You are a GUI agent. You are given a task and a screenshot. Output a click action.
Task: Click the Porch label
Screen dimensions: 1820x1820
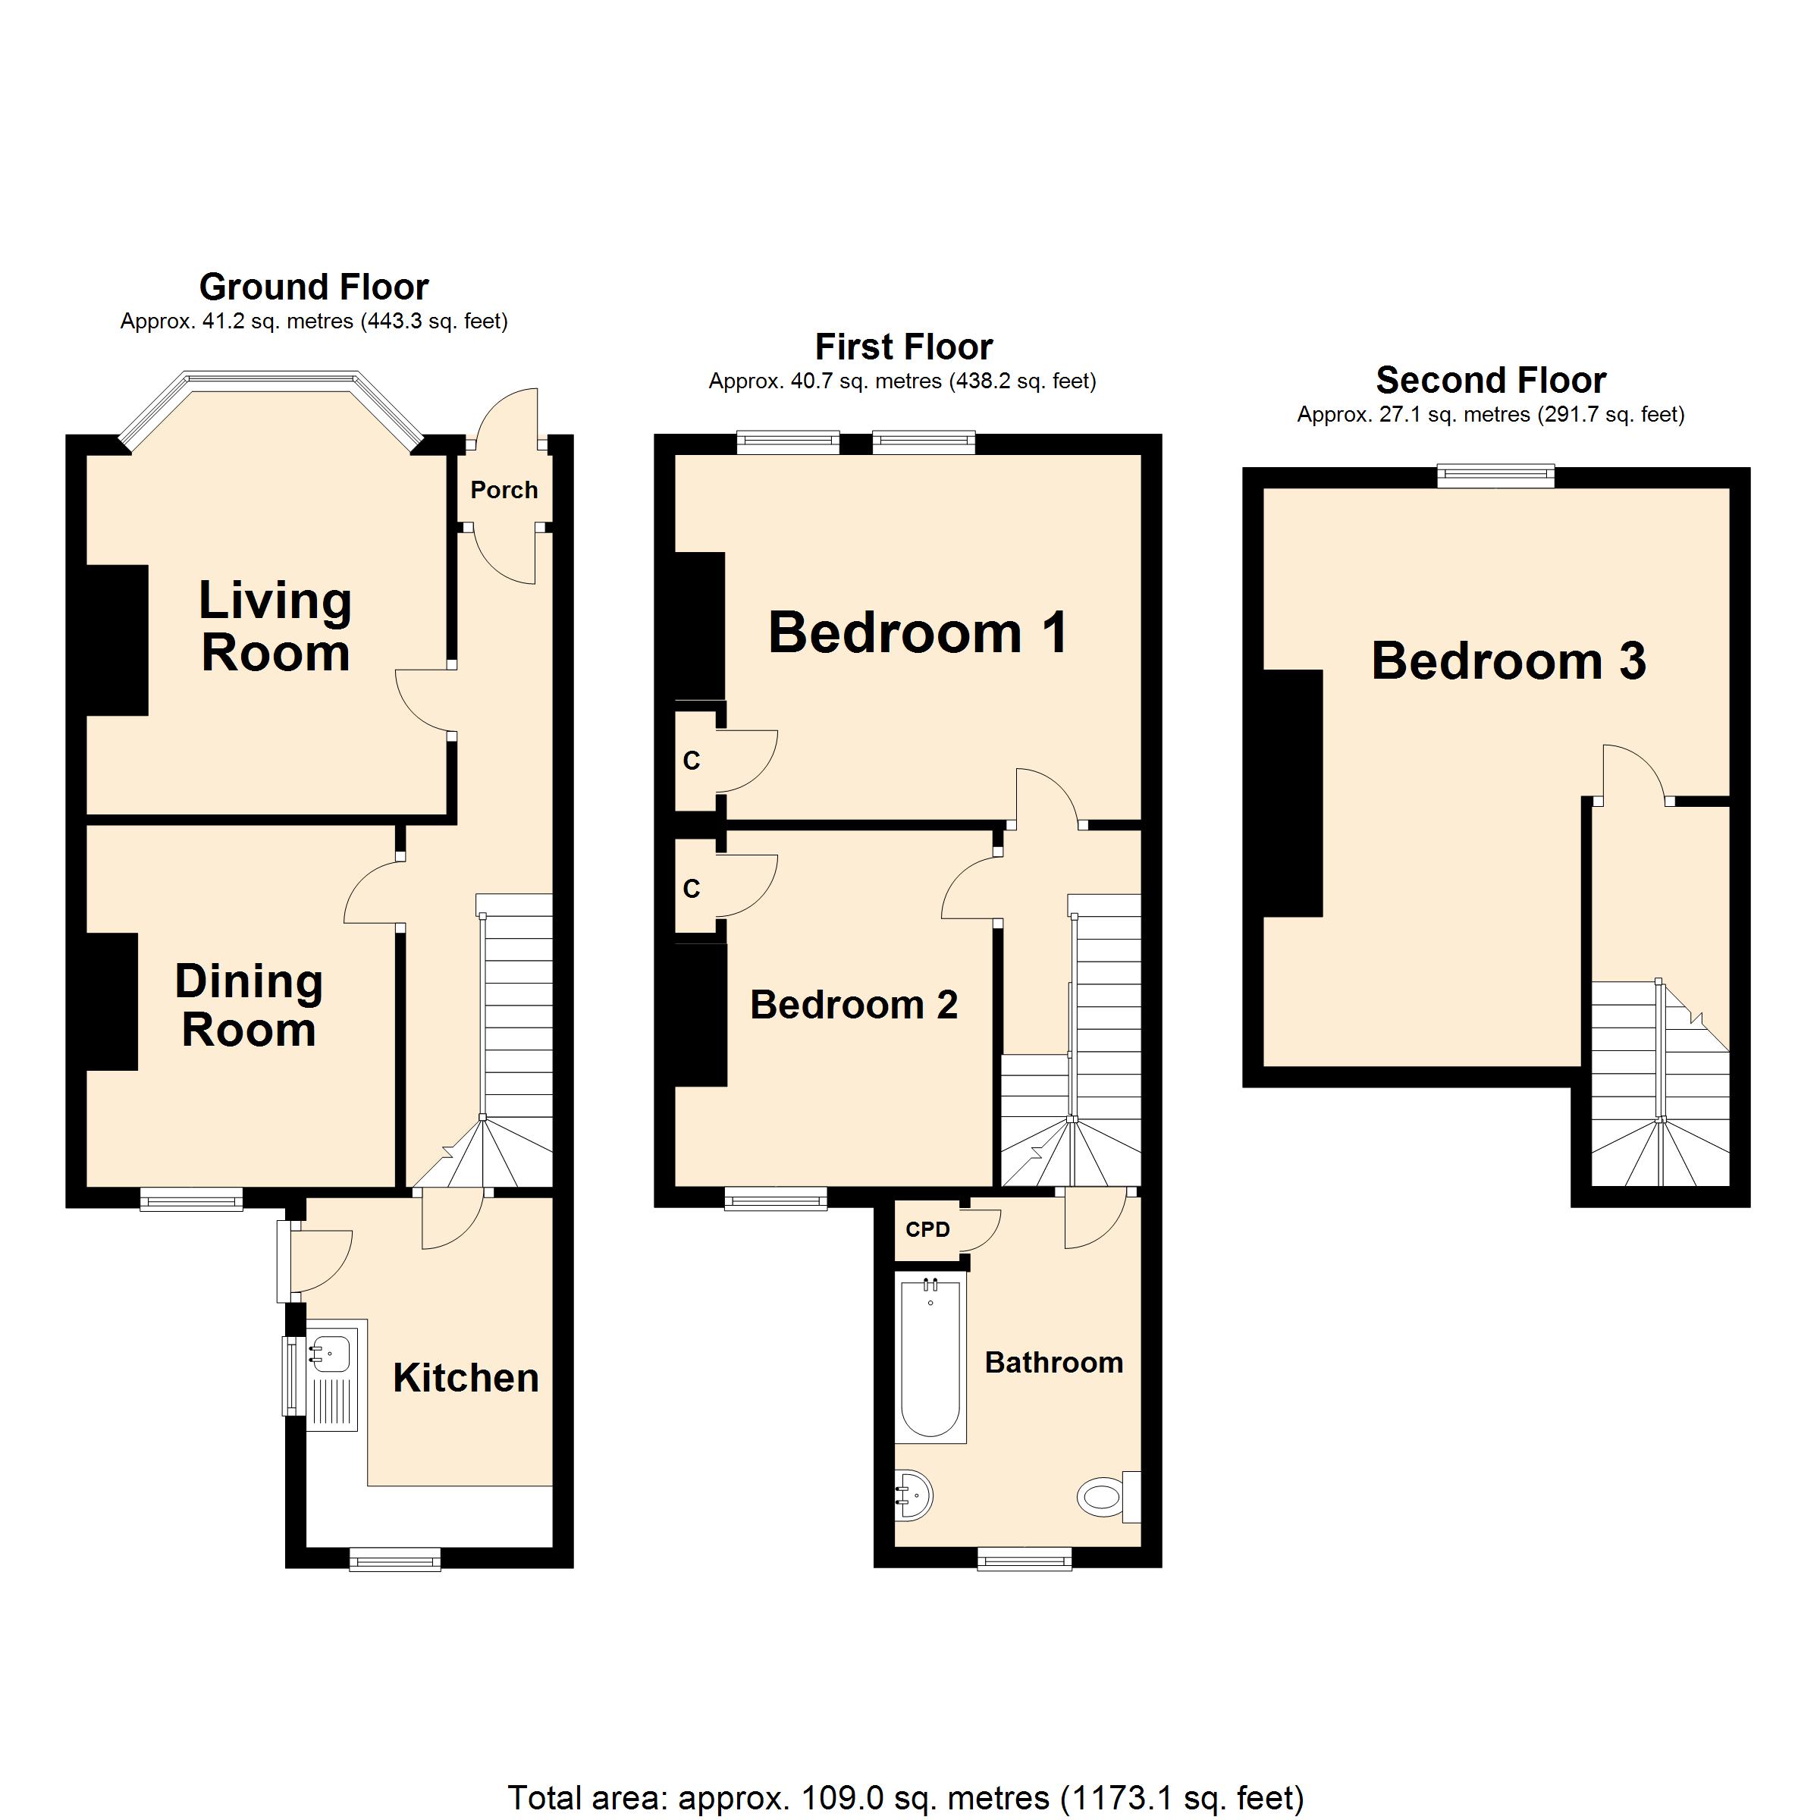pos(504,490)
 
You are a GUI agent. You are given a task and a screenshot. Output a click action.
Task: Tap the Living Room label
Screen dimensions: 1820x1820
pos(275,626)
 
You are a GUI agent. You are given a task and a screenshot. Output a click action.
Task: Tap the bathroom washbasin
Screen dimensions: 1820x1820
pos(914,1494)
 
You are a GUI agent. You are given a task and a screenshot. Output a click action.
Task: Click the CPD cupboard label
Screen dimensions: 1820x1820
pos(928,1229)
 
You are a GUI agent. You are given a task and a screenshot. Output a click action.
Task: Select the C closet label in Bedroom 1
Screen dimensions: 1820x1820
pos(692,761)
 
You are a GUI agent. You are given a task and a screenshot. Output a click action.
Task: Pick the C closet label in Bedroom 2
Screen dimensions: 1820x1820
pos(692,888)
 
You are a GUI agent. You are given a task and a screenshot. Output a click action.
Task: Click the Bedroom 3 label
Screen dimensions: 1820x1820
pos(1508,661)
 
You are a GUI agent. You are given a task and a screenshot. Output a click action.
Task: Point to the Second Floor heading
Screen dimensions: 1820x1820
pos(1490,380)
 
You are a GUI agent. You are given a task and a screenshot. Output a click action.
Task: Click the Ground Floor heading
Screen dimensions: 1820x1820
pos(314,287)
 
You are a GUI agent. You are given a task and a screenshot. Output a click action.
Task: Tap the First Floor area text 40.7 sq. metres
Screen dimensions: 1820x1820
pos(902,381)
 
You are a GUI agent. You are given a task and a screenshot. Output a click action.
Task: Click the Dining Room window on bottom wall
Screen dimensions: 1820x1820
pos(191,1198)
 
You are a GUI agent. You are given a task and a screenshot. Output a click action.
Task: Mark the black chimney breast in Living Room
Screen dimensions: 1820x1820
pos(117,641)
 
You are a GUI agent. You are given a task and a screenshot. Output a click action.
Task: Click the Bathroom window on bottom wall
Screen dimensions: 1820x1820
pos(1025,1560)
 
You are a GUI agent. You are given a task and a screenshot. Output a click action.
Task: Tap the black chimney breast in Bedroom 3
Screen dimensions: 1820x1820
pos(1291,792)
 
